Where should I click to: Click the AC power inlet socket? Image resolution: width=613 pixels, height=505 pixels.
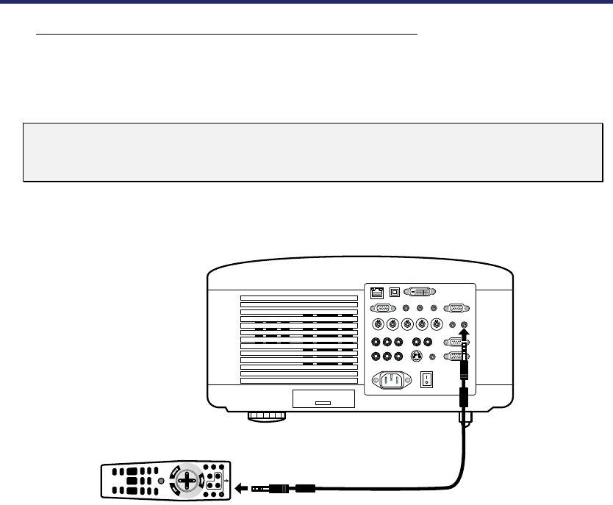(x=392, y=381)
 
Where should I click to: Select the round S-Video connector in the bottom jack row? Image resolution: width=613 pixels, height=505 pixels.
(x=417, y=357)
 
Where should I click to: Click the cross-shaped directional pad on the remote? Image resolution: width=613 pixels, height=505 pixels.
(x=188, y=481)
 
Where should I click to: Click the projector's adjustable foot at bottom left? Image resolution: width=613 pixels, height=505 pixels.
(x=266, y=415)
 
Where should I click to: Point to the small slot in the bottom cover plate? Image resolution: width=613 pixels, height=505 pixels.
(x=323, y=403)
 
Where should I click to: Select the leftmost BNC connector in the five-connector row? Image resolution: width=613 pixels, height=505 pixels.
(x=377, y=326)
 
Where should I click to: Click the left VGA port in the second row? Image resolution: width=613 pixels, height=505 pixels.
(x=381, y=309)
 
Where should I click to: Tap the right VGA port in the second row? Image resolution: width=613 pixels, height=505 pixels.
(x=456, y=309)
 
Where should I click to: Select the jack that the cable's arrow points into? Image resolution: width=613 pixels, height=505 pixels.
(x=464, y=326)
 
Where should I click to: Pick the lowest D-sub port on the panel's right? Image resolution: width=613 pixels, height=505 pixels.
(x=456, y=357)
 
